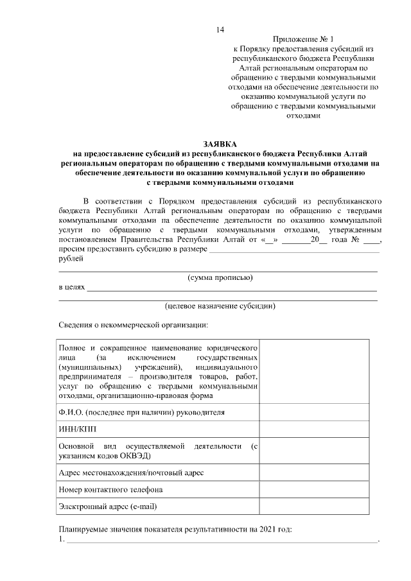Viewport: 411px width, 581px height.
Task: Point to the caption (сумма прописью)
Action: [220, 277]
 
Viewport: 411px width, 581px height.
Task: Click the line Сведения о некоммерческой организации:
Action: [132, 325]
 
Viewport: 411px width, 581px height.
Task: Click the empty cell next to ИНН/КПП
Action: [314, 428]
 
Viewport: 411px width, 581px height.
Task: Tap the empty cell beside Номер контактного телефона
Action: [314, 489]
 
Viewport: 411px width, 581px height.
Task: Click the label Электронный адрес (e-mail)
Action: [108, 507]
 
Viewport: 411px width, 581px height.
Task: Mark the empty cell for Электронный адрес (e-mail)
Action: [314, 507]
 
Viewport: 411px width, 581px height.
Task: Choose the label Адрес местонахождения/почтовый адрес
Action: [131, 473]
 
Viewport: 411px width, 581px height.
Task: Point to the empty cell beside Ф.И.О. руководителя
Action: [314, 412]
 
